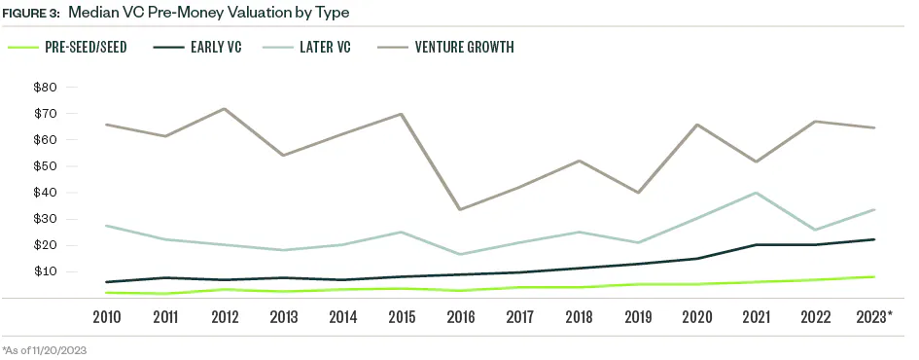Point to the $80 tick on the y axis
pos(46,88)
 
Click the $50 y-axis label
pos(46,166)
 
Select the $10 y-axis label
pos(46,271)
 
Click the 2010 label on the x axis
pos(106,317)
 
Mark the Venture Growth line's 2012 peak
pos(225,109)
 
